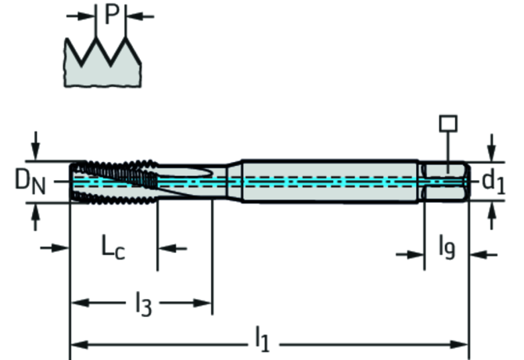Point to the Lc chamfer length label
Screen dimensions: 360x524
113,249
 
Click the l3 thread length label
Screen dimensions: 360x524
142,304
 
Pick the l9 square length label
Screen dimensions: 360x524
446,249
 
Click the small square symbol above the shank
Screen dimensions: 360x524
447,123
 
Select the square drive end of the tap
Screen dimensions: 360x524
446,181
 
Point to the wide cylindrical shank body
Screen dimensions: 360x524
328,181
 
